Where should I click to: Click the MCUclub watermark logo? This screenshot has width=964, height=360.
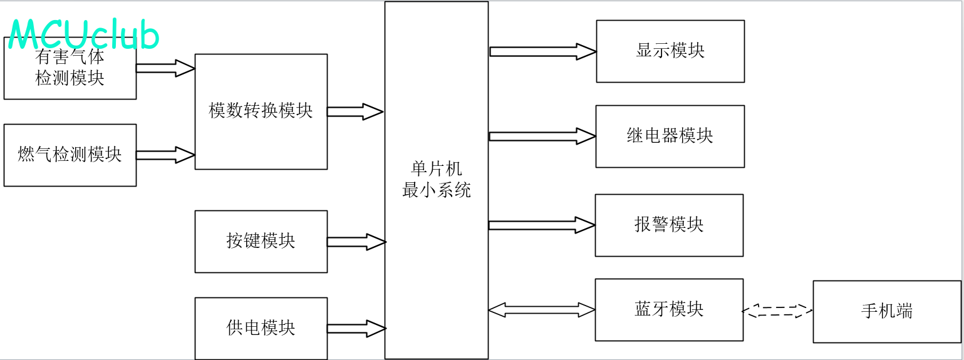click(x=84, y=34)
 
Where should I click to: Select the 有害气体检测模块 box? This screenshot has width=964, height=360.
click(x=70, y=69)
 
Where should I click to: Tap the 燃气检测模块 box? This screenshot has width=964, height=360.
click(x=70, y=155)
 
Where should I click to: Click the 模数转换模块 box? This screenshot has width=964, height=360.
click(x=261, y=111)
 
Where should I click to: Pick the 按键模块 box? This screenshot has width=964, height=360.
click(x=261, y=241)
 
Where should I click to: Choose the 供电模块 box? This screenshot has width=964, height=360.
click(x=261, y=328)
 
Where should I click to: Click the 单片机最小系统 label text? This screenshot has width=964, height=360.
click(x=436, y=180)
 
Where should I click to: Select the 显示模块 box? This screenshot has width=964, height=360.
click(x=670, y=51)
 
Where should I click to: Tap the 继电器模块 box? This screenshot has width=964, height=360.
click(x=670, y=136)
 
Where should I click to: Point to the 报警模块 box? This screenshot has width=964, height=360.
click(x=668, y=225)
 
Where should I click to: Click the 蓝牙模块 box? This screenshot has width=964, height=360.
click(x=668, y=309)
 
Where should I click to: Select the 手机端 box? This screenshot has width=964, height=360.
click(x=886, y=311)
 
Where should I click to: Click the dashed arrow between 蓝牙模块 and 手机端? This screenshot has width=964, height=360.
click(x=777, y=311)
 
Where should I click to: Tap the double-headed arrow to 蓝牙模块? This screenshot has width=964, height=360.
click(x=541, y=309)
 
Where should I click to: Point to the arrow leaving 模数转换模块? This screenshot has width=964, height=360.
click(x=355, y=112)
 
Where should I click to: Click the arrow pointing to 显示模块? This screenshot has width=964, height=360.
click(x=542, y=51)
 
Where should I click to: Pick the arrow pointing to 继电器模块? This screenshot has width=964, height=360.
click(x=542, y=136)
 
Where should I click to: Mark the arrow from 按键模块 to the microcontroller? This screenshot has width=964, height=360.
click(x=356, y=242)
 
